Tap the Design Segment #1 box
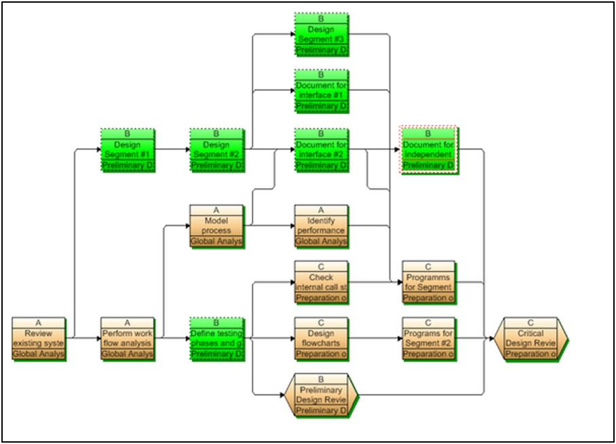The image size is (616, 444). (x=128, y=149)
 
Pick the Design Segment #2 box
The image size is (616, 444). (x=216, y=149)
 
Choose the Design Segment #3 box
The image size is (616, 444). (x=322, y=35)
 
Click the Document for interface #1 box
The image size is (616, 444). (x=322, y=91)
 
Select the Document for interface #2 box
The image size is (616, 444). (x=322, y=149)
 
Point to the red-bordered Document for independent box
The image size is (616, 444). (x=428, y=149)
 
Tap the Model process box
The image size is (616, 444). (x=216, y=225)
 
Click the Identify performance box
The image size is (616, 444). (x=322, y=225)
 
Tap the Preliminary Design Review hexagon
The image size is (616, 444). (x=322, y=395)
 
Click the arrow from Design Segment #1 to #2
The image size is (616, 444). (x=172, y=149)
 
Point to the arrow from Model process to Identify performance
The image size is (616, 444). (x=271, y=225)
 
